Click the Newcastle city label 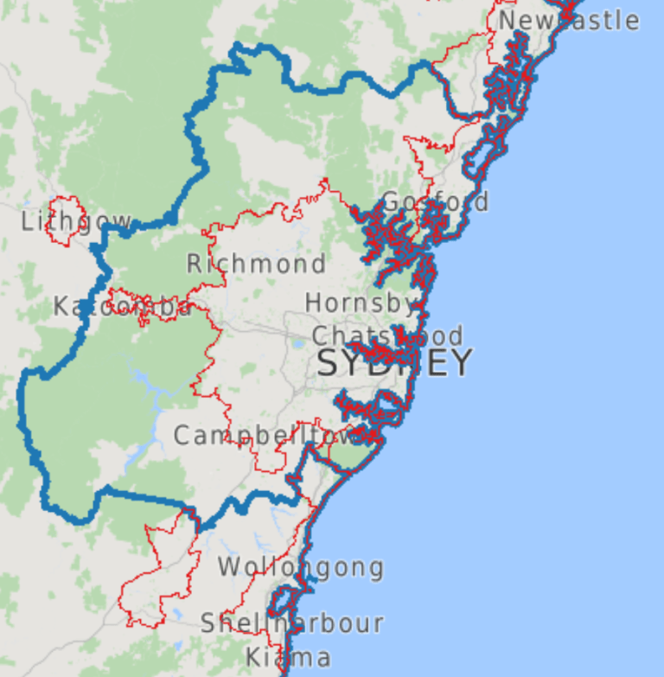click(568, 20)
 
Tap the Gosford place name click(434, 202)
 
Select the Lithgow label click(76, 222)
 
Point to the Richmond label click(256, 264)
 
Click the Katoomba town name click(122, 307)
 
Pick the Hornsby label click(361, 303)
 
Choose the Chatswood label click(386, 335)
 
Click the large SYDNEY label click(394, 363)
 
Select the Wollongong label click(300, 568)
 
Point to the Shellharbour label click(291, 623)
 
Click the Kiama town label click(287, 657)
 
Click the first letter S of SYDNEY click(328, 364)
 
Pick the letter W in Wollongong click(228, 568)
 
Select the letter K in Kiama click(252, 657)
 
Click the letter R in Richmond click(195, 264)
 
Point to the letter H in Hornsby click(313, 303)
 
